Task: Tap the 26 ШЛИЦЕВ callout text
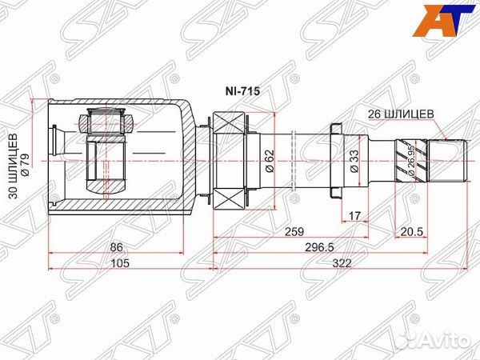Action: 401,114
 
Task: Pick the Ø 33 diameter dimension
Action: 353,161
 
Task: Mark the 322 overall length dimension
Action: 338,265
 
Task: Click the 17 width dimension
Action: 355,215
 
